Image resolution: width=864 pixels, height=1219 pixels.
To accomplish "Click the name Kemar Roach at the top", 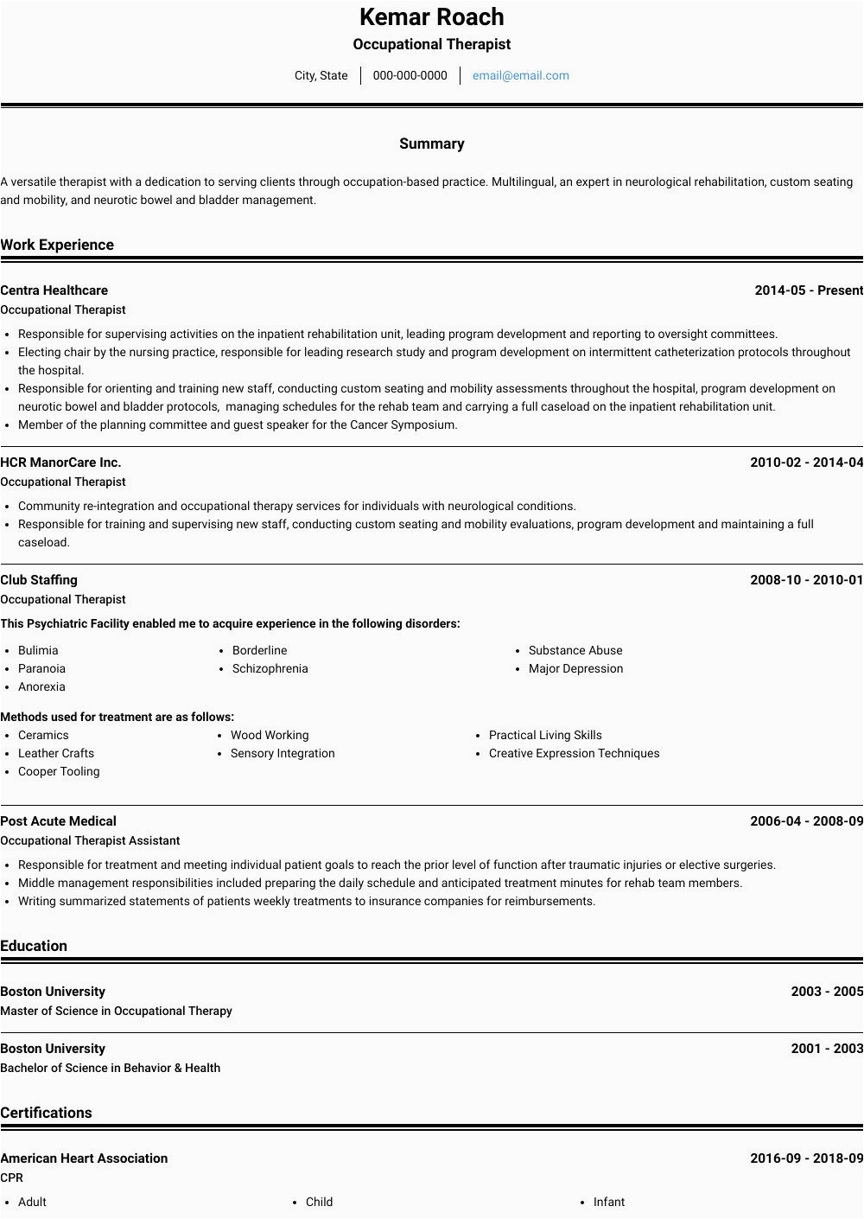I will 431,17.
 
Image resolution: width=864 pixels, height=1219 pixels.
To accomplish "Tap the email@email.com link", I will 520,75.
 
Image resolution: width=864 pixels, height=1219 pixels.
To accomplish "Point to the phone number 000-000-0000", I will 410,75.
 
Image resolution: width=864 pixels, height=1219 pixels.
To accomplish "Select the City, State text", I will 321,75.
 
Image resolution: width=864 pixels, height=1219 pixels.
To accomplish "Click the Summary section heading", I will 431,144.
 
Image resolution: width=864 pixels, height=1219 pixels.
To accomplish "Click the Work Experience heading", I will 57,245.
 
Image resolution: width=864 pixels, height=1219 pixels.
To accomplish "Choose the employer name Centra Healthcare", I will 54,290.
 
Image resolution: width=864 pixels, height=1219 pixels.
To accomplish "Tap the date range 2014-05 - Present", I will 808,290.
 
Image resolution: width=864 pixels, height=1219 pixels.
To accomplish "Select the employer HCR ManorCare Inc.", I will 60,463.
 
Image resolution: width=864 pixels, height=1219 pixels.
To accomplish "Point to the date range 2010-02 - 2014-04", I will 806,463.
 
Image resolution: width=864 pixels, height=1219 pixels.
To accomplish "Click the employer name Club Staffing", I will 39,580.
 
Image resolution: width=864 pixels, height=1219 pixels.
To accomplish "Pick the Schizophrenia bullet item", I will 270,668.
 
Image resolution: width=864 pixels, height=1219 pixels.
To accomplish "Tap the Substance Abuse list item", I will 575,650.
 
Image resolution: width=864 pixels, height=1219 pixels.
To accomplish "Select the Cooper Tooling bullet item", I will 59,771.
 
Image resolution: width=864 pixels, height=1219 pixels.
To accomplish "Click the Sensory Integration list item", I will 283,753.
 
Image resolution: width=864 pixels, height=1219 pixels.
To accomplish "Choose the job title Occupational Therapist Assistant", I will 90,840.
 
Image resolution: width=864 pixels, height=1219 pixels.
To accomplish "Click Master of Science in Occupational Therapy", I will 116,1011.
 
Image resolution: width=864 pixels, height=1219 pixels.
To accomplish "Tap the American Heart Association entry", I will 84,1158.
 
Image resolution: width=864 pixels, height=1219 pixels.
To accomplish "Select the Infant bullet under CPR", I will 609,1202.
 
